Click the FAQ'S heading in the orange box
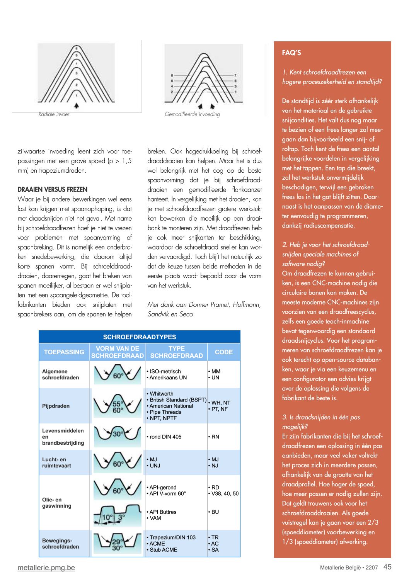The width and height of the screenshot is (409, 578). click(291, 53)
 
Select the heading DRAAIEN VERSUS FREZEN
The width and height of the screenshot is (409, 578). click(53, 190)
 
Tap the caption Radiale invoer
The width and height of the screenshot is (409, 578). click(54, 114)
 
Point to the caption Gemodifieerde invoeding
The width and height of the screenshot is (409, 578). click(192, 114)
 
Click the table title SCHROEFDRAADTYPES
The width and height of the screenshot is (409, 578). click(140, 337)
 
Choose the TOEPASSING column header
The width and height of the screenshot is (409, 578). click(64, 352)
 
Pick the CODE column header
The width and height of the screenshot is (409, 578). click(224, 352)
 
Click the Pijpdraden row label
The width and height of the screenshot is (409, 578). click(56, 406)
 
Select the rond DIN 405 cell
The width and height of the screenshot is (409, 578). click(165, 437)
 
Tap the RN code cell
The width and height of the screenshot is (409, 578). click(215, 437)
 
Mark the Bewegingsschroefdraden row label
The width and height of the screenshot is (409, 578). click(60, 544)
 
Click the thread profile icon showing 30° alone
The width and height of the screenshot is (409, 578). click(118, 434)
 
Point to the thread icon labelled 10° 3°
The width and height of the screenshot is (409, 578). click(118, 515)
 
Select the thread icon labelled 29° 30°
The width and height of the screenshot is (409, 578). click(118, 543)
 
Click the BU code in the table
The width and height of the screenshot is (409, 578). click(215, 512)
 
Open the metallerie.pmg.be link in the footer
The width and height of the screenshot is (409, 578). click(46, 568)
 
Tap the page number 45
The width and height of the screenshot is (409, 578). click(387, 567)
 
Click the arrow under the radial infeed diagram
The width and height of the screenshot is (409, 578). click(77, 105)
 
